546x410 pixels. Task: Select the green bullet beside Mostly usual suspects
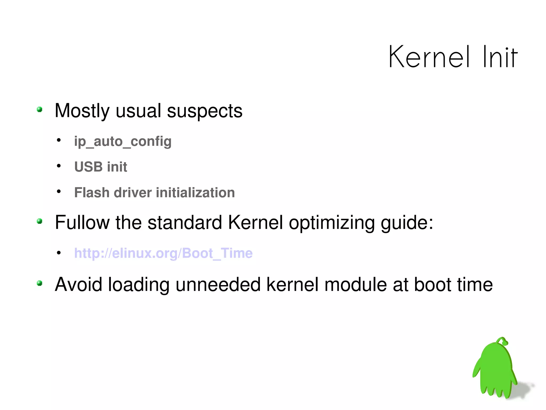coord(40,110)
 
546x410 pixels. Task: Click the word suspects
coord(204,111)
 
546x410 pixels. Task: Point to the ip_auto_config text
coord(123,141)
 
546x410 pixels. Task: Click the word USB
coord(88,167)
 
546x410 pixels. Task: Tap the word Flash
coord(92,193)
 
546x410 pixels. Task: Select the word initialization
coord(195,193)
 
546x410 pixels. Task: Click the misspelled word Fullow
coord(82,222)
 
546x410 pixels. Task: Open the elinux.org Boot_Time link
coord(163,253)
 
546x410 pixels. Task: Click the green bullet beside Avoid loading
coord(40,283)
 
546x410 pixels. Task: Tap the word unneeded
coord(218,284)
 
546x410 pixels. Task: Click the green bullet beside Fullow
coord(40,221)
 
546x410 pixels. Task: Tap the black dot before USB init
coord(59,166)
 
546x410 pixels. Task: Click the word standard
coord(184,222)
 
